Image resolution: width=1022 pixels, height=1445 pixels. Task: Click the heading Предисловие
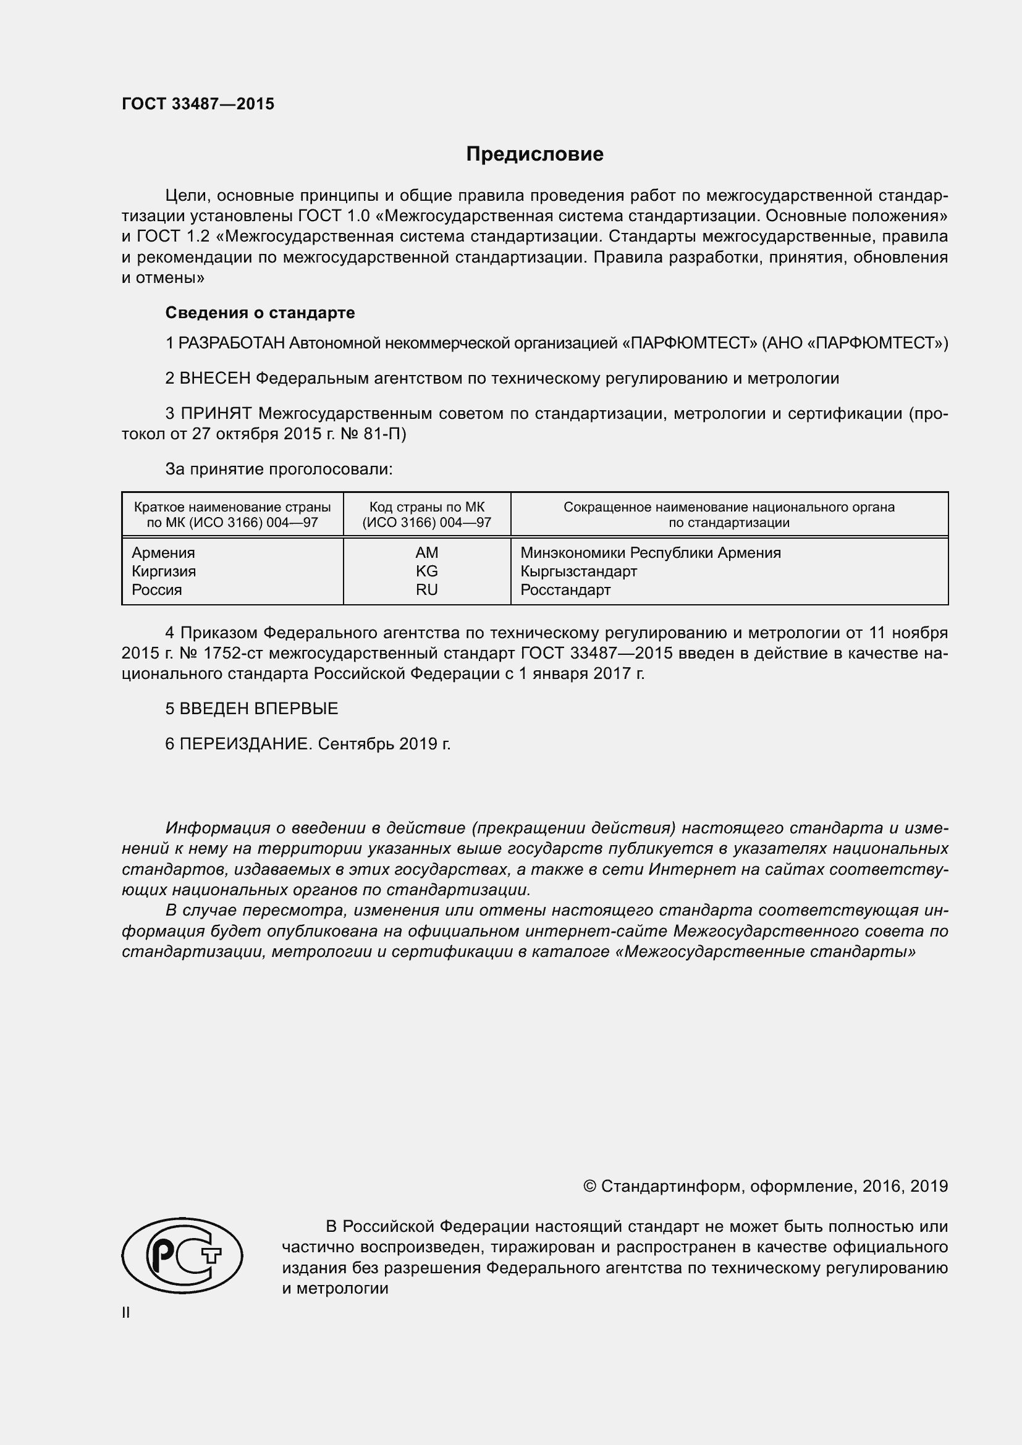point(534,154)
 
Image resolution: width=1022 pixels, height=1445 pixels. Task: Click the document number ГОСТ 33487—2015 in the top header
point(198,104)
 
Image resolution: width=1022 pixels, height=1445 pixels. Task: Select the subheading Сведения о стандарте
point(260,313)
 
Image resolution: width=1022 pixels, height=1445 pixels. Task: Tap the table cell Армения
point(164,552)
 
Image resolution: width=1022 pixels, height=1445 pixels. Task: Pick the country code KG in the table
point(427,571)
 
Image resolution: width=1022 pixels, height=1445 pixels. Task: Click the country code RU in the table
point(427,590)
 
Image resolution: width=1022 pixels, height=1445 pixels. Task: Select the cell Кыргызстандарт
point(578,571)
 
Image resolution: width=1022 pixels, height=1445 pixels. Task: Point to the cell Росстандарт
point(565,590)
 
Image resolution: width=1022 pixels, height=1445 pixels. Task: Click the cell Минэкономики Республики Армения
point(650,552)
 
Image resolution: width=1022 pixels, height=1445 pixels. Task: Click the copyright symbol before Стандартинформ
point(589,1186)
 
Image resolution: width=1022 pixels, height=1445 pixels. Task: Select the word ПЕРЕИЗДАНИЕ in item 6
point(245,744)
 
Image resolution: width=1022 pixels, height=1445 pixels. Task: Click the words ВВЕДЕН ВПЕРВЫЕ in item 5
point(259,709)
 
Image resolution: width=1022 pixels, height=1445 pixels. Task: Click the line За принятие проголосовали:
point(279,469)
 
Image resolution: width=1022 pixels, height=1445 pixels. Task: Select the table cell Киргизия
point(164,571)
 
